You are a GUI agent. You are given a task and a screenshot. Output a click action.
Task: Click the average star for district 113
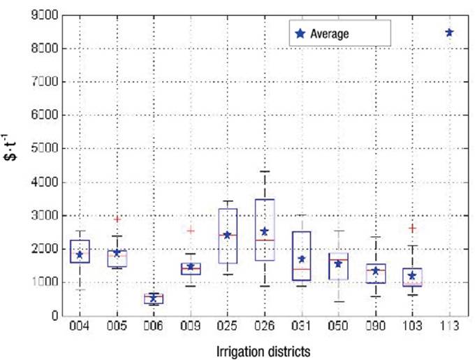pos(449,32)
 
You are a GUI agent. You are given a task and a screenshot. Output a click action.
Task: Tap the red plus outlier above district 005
pos(117,219)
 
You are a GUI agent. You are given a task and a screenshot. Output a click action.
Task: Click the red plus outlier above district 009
pos(190,230)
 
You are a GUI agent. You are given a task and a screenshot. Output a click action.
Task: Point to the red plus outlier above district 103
pos(412,228)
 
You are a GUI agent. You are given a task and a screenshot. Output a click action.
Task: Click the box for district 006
pos(154,298)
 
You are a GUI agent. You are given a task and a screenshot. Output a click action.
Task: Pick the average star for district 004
pos(80,255)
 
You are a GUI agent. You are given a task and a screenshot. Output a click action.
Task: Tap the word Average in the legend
pos(330,33)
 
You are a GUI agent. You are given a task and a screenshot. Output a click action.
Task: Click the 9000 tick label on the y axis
pos(42,15)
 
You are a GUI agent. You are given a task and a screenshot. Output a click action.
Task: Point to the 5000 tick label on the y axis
pos(42,149)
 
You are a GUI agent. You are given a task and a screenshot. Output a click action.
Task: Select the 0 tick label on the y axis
pos(52,316)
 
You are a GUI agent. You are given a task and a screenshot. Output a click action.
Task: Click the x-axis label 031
pos(301,326)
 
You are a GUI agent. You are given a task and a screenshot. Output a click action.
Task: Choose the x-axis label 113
pos(449,326)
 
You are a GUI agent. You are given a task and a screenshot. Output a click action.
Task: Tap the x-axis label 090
pos(375,326)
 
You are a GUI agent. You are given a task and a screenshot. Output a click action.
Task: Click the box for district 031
pos(301,256)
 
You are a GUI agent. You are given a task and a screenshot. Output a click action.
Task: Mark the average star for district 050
pos(338,264)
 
